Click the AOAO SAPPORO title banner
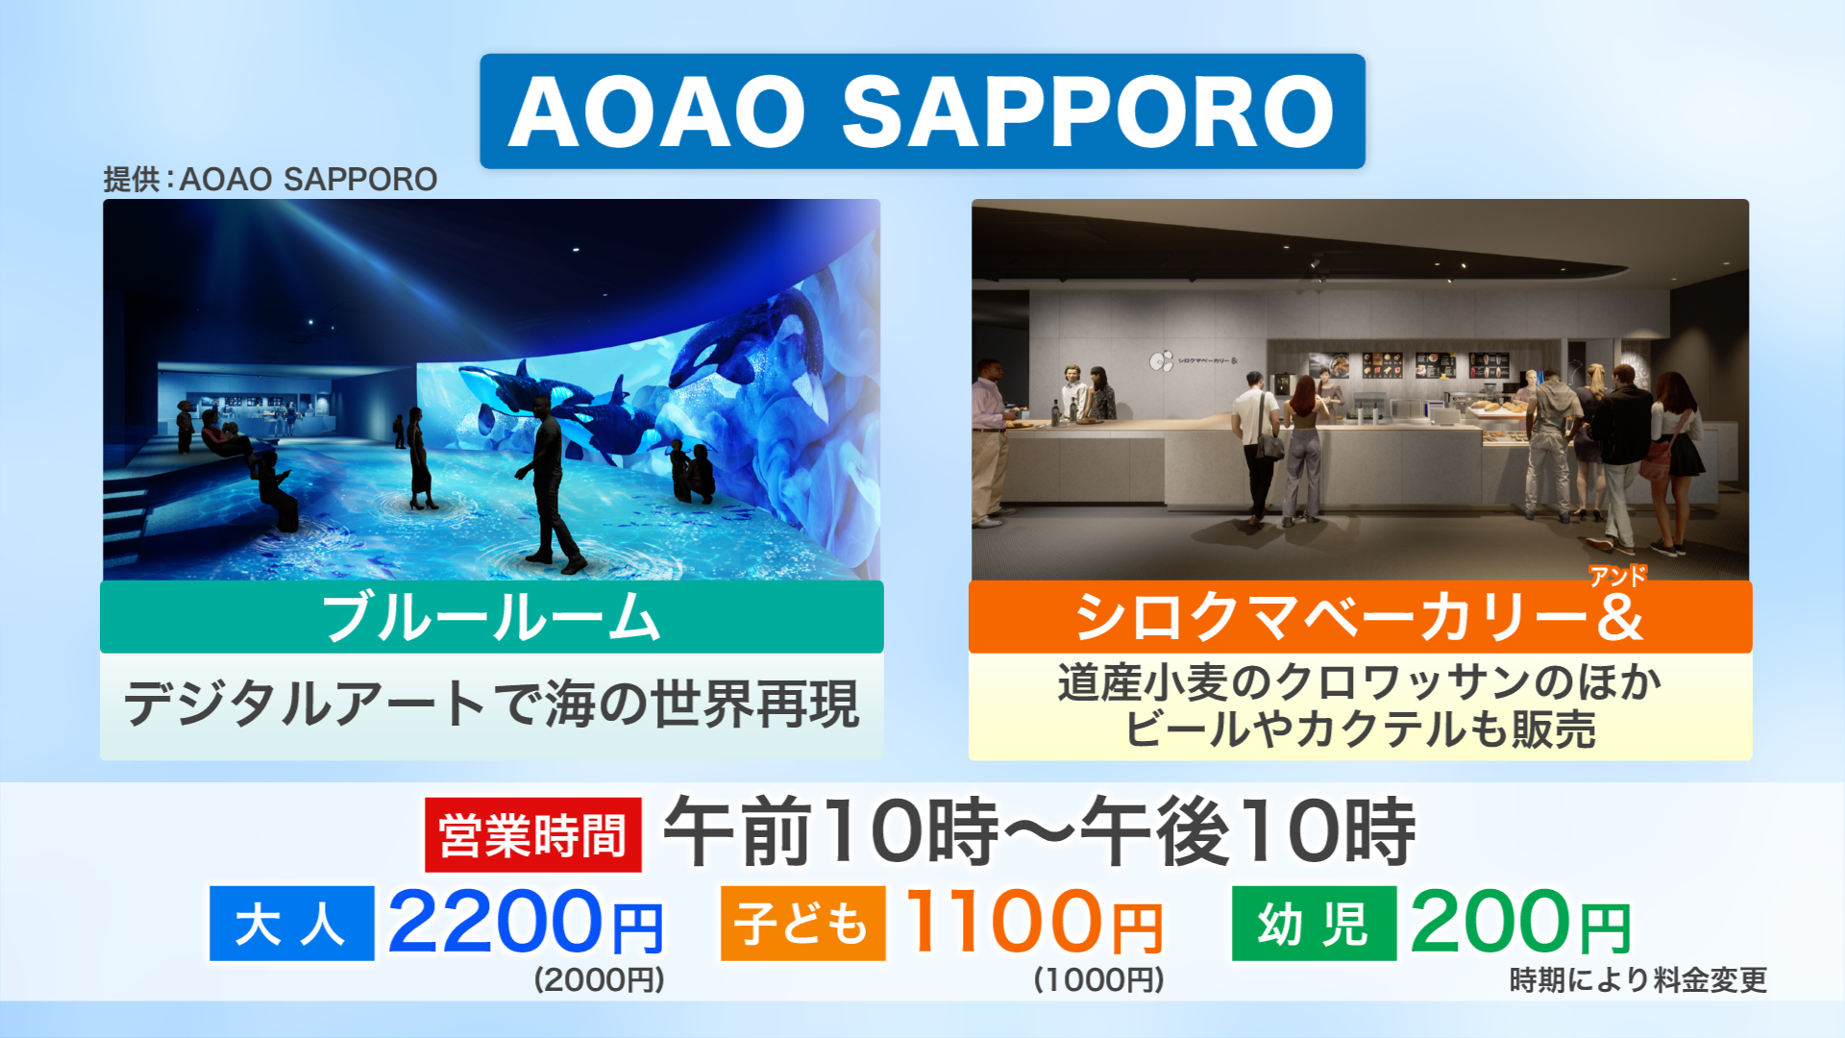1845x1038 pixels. (922, 111)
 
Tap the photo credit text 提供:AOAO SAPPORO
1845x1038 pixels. (270, 180)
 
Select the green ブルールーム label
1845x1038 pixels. (492, 617)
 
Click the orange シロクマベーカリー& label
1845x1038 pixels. (1360, 617)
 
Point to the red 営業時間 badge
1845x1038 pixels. (533, 835)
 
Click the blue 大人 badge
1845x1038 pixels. (292, 924)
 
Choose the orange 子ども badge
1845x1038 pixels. (803, 924)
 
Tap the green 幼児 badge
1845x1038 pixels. (1314, 924)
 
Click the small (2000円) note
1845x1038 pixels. (600, 979)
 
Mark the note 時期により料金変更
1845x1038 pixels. (1638, 980)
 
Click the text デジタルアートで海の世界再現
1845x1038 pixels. (491, 704)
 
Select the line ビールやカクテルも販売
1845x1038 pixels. (1360, 729)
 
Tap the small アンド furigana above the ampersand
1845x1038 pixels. (1618, 576)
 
